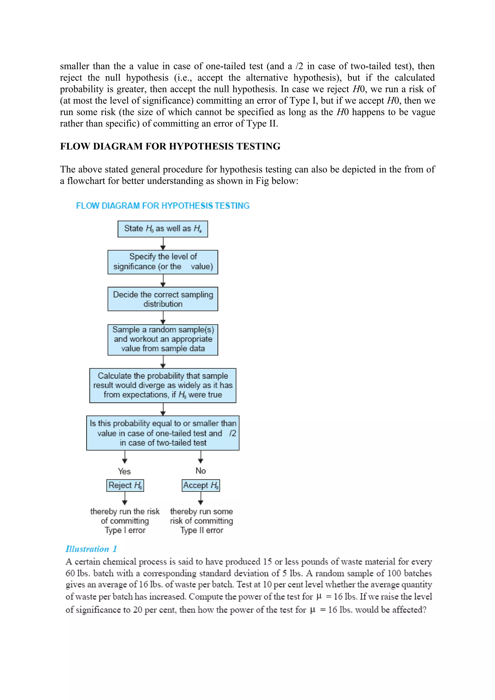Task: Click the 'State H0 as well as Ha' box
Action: [163, 229]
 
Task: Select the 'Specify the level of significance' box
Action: [163, 262]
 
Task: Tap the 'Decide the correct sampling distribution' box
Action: [163, 299]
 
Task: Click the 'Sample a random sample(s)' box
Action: [163, 339]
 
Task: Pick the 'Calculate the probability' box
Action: [163, 385]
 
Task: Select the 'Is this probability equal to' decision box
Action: [163, 433]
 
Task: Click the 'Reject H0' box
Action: [125, 485]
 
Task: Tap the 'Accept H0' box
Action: [201, 485]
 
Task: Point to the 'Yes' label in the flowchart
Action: [124, 471]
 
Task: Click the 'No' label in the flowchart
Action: [201, 471]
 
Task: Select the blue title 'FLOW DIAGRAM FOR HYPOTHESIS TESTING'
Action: [163, 206]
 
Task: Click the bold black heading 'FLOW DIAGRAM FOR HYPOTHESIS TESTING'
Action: [170, 146]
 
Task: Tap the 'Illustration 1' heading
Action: [91, 549]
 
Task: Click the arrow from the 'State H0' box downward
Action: [163, 243]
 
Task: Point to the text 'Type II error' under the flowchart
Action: [201, 530]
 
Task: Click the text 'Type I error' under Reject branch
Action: [125, 530]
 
